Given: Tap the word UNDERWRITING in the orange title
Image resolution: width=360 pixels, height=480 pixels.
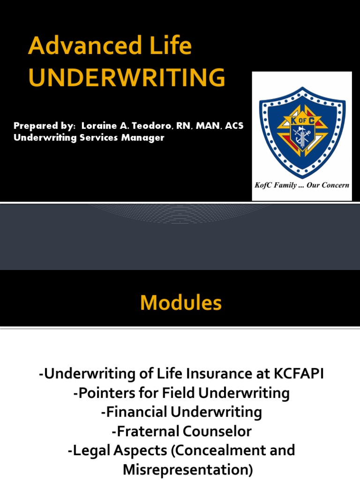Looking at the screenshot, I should [x=127, y=78].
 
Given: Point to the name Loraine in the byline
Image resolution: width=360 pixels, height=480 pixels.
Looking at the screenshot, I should [x=97, y=127].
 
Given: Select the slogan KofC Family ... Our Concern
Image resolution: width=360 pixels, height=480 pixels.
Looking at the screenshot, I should [x=302, y=185].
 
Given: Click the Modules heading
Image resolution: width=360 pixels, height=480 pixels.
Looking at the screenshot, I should [x=180, y=304].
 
